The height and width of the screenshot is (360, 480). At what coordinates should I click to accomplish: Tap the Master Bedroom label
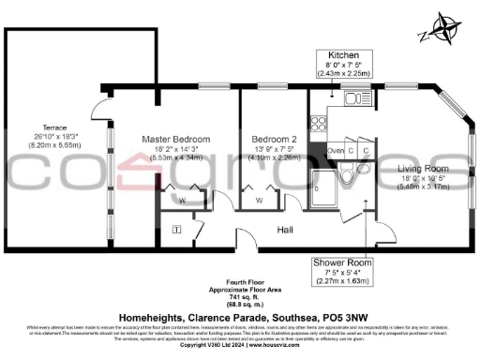tap(175, 139)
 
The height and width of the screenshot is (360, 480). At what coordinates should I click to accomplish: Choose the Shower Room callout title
tap(341, 262)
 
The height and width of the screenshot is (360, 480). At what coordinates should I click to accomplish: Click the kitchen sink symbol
tap(352, 97)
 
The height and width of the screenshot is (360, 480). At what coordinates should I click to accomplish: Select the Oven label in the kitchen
tap(336, 150)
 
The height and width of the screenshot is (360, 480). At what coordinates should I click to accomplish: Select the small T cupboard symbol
tap(176, 229)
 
